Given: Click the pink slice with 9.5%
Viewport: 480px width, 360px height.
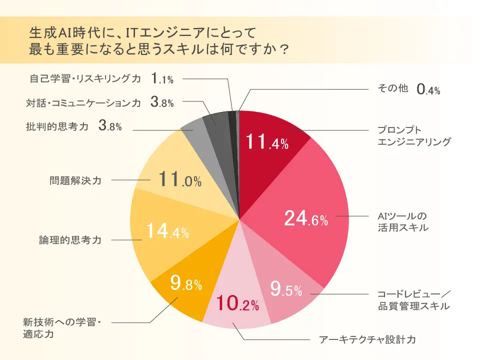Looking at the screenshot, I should click(x=285, y=290).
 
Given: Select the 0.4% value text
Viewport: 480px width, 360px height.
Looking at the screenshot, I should click(x=428, y=90).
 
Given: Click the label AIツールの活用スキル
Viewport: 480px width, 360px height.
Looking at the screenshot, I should click(x=402, y=222).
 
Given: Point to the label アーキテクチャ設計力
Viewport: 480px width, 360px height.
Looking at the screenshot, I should click(x=367, y=340).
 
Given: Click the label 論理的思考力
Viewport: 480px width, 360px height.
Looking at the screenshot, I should click(x=70, y=240).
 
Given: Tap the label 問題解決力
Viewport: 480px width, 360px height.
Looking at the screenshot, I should click(x=75, y=180).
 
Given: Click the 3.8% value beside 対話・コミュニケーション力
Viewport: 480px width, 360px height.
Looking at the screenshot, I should click(x=162, y=103).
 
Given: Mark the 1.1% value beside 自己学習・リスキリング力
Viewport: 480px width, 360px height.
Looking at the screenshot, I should click(x=162, y=78).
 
